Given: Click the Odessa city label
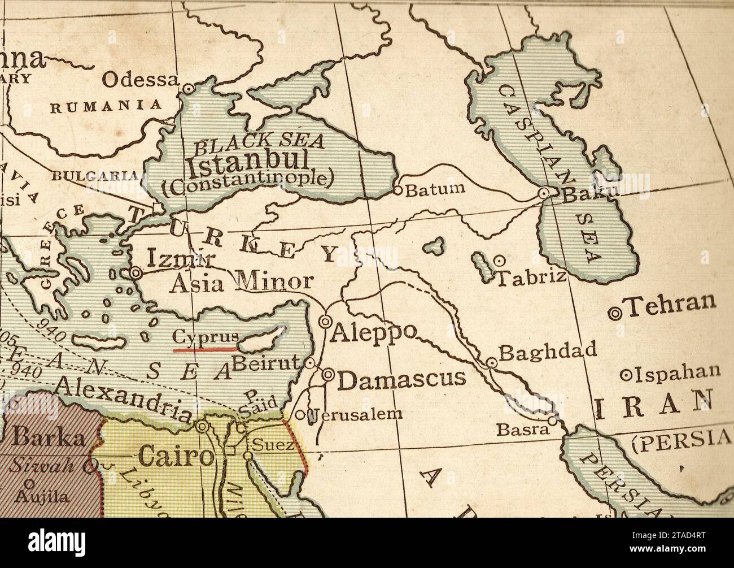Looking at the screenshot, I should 139,80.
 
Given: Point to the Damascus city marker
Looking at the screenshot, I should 328,374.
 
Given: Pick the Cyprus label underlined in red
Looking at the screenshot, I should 205,337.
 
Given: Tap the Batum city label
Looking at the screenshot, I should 436,189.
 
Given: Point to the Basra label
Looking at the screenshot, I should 522,430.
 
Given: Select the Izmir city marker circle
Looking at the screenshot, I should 136,272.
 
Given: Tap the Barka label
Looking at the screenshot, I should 49,437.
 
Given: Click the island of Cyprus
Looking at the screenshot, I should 263,337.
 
